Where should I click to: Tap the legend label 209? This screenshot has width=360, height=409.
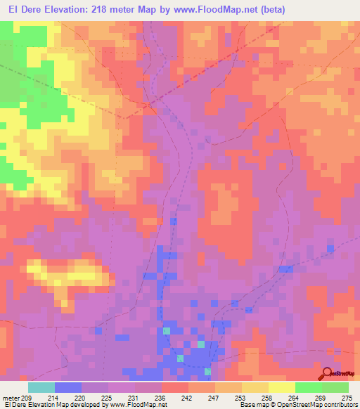[x=25, y=397]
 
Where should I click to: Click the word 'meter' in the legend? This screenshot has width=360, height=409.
[x=9, y=397]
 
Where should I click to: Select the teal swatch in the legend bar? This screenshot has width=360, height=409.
[x=41, y=387]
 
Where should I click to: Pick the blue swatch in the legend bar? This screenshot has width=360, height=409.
[x=68, y=387]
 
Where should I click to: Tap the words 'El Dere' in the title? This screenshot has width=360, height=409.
[x=22, y=9]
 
